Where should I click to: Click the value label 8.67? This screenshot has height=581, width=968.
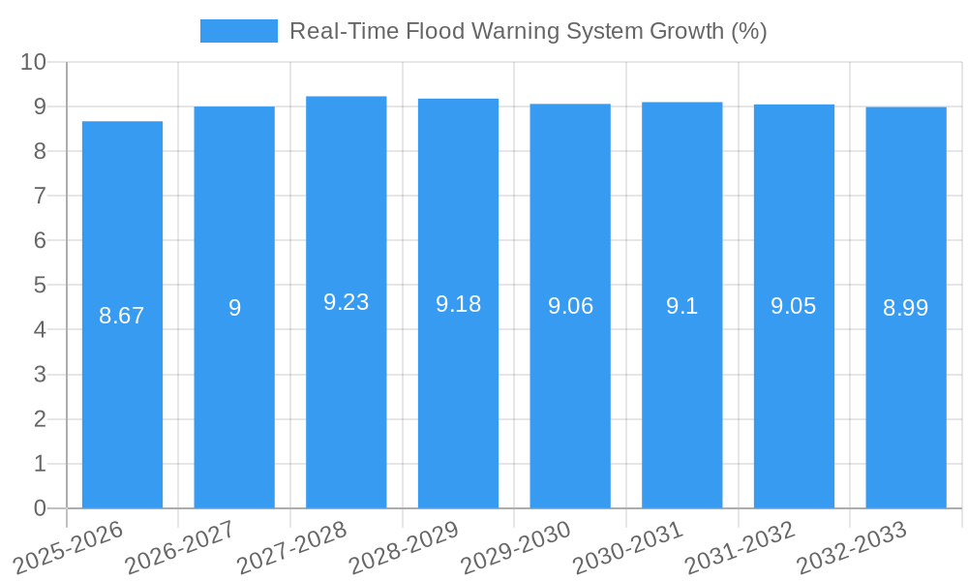pyautogui.click(x=122, y=316)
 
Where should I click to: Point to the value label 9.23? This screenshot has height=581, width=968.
pyautogui.click(x=346, y=302)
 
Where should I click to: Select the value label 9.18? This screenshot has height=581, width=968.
pyautogui.click(x=458, y=304)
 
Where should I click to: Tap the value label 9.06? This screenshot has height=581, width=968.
pyautogui.click(x=570, y=307)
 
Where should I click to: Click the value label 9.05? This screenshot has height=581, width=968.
pyautogui.click(x=794, y=306)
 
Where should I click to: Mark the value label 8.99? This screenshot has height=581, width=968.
pyautogui.click(x=905, y=308)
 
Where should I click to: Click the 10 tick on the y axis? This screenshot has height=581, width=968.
pyautogui.click(x=33, y=62)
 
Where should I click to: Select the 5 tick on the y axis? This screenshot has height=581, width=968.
pyautogui.click(x=40, y=286)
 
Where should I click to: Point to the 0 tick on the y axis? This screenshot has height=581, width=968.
pyautogui.click(x=40, y=508)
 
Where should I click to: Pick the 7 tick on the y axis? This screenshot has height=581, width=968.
pyautogui.click(x=40, y=196)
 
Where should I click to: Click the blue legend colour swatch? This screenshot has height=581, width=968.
pyautogui.click(x=238, y=31)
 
